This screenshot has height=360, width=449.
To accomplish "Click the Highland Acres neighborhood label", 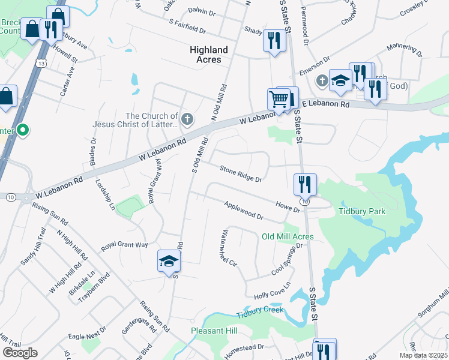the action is pos(209,55).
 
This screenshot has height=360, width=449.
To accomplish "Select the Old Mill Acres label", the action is pos(288,236).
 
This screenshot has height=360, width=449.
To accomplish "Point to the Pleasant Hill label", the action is pos(214,331).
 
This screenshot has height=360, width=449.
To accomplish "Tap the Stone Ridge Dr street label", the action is pos(241,174).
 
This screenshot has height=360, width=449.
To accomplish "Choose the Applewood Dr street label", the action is pos(244,211).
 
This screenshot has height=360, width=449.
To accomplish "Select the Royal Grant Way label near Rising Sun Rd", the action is pos(124,245).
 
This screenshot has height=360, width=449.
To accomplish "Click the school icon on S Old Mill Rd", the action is pos(169,261).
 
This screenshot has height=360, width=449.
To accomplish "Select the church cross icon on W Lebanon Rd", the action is pos(187,118).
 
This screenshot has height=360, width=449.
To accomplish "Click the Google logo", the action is pos(20,353).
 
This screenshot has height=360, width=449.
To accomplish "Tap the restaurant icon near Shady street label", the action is pos(274,40).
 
